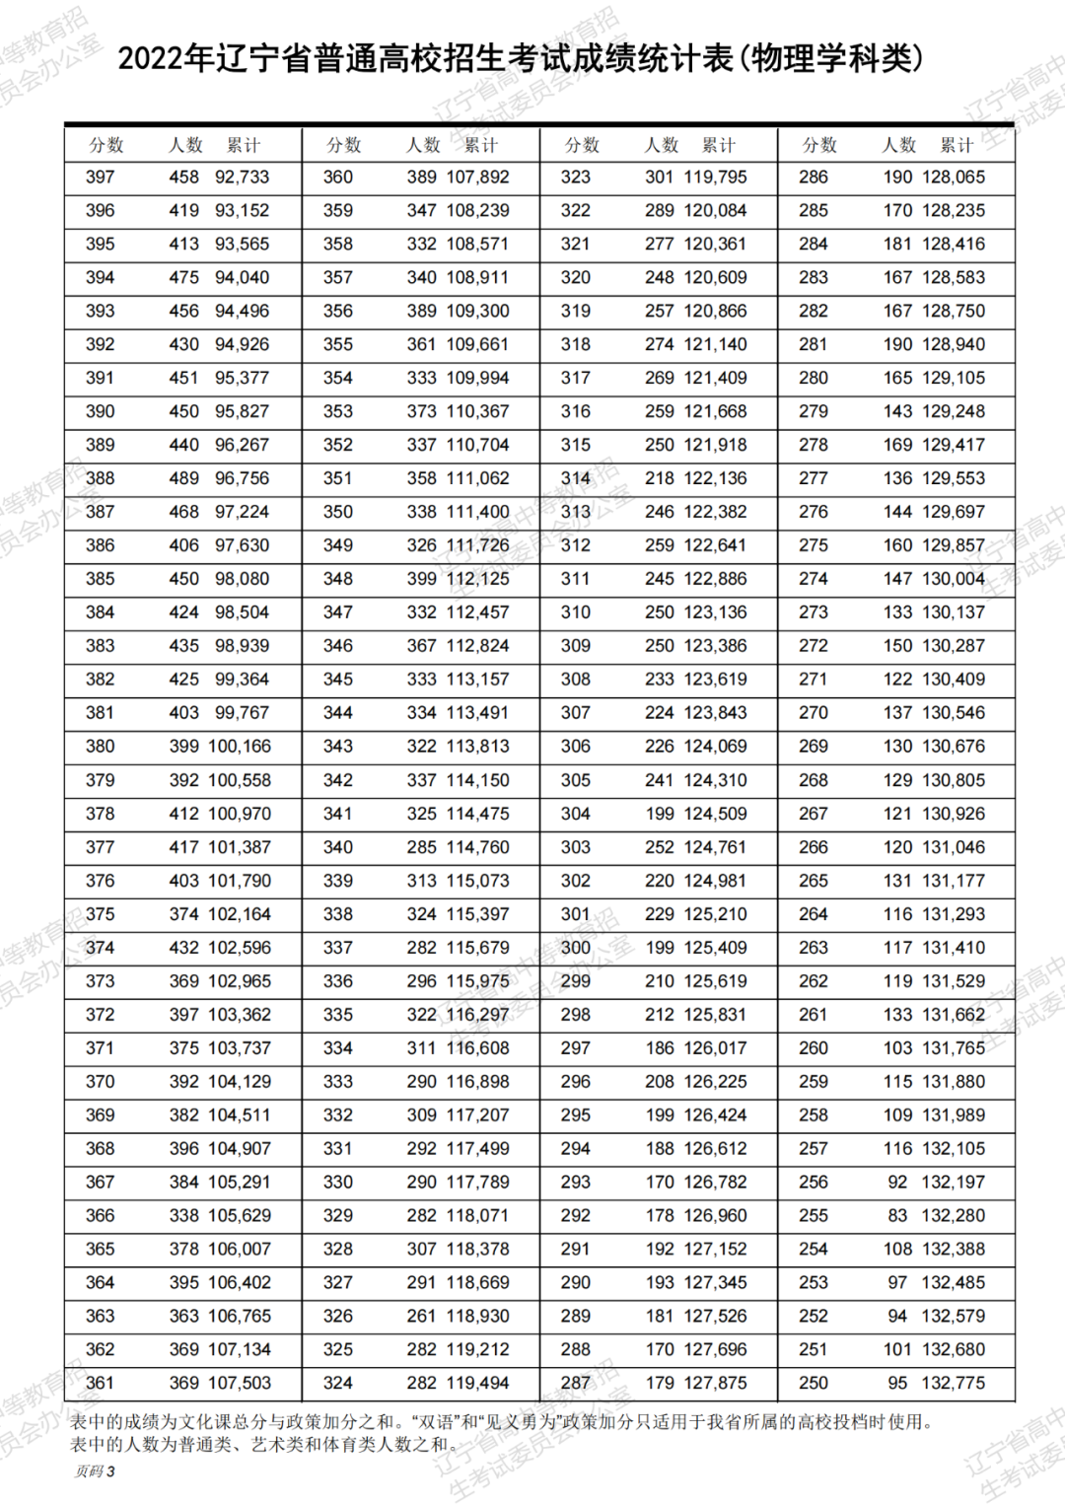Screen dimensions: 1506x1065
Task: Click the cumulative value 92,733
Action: (242, 178)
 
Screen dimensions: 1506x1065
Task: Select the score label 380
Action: (100, 747)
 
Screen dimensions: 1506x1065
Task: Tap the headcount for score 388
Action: (183, 478)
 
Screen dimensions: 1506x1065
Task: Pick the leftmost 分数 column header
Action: (106, 145)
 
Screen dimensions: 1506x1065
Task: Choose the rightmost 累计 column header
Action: (957, 145)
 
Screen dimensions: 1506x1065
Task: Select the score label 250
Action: (814, 1383)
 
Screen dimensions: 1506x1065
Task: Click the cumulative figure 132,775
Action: (954, 1383)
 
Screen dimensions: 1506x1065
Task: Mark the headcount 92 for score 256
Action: (897, 1182)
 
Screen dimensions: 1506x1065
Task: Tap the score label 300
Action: (576, 948)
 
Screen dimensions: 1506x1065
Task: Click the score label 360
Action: (338, 178)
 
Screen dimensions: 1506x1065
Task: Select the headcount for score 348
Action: (422, 579)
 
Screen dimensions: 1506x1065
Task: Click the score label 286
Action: (814, 178)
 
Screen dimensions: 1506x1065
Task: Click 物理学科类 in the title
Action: (831, 59)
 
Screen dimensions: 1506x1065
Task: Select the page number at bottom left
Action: (95, 1471)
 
